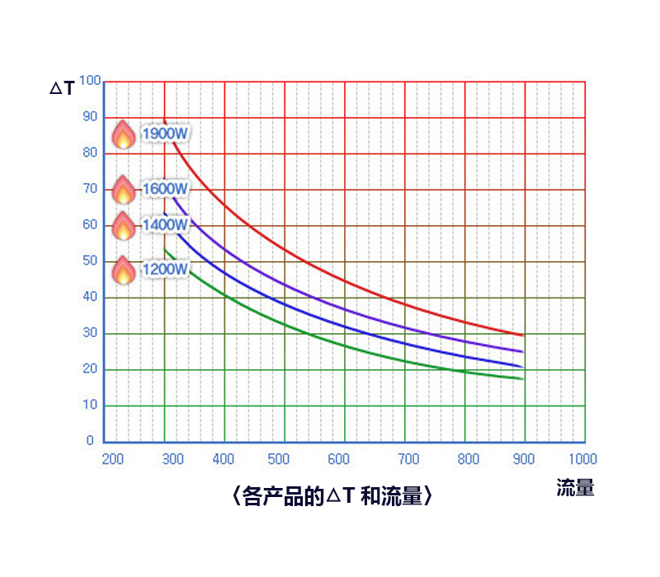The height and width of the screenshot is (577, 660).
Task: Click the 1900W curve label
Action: click(x=165, y=134)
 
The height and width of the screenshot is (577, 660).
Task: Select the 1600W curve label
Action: click(x=165, y=189)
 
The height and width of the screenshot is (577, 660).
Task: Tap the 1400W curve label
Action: click(x=165, y=224)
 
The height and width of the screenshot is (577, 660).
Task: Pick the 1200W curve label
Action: click(x=165, y=269)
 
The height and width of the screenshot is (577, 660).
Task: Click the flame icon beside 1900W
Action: click(x=123, y=134)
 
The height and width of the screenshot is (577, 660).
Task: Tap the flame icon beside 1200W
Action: click(x=123, y=270)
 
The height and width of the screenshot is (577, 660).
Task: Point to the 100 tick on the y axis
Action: click(x=89, y=81)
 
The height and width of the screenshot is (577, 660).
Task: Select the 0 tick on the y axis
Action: click(x=91, y=441)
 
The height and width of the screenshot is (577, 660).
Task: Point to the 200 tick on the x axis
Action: click(x=112, y=459)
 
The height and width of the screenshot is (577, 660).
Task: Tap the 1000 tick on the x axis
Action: click(x=582, y=459)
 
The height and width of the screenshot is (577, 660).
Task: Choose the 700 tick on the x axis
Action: click(x=408, y=459)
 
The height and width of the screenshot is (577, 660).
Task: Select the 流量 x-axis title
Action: click(x=574, y=487)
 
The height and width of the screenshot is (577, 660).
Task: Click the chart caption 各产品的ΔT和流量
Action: click(x=329, y=496)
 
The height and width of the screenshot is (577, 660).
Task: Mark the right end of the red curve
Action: click(x=523, y=335)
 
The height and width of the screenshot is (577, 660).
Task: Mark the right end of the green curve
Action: click(x=523, y=379)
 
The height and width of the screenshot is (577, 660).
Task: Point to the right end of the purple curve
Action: click(x=523, y=352)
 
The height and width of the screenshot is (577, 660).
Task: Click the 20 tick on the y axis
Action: click(x=89, y=369)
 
